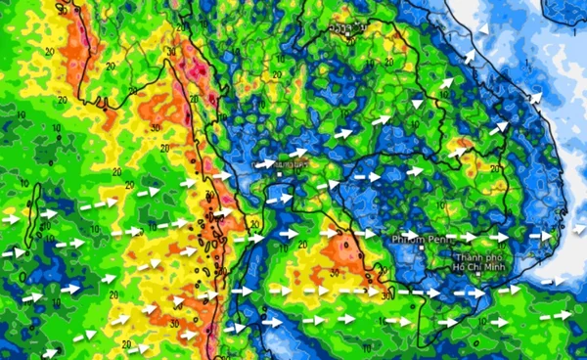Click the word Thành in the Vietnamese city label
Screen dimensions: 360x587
click(468, 257)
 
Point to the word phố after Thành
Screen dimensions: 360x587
click(494, 257)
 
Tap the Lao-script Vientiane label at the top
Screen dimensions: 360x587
click(340, 28)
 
